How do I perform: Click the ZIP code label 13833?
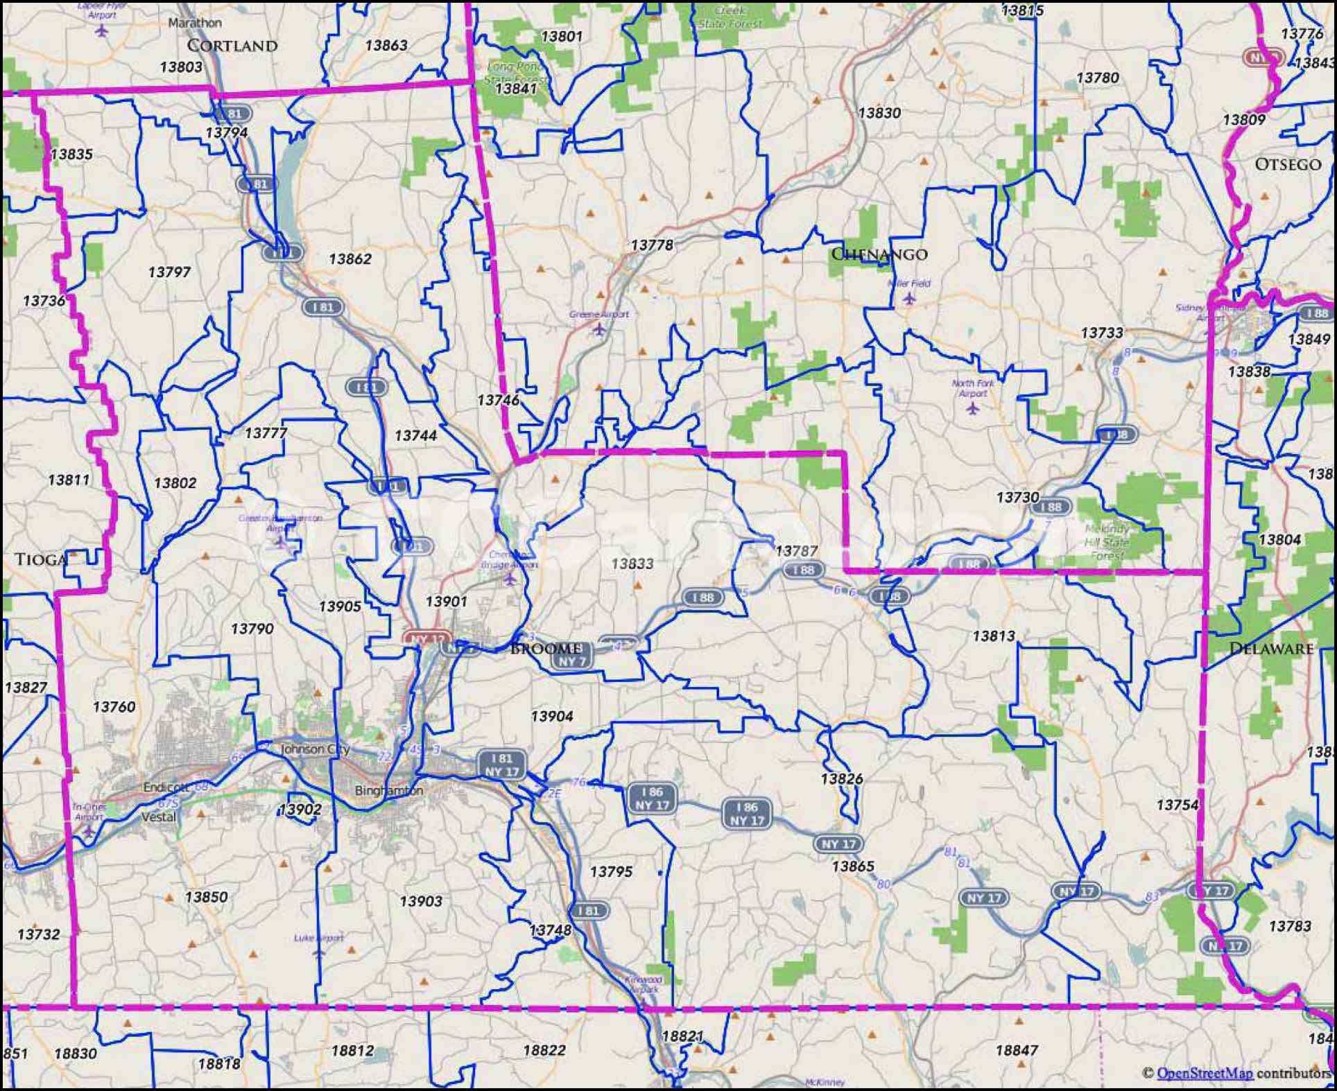[632, 564]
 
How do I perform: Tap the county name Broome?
[546, 649]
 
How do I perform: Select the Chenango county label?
[879, 254]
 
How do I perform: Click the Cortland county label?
[232, 46]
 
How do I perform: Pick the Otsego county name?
[1288, 164]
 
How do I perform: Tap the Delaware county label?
[1271, 649]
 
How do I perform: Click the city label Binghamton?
[388, 790]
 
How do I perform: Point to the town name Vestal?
[159, 817]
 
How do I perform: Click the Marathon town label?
[195, 23]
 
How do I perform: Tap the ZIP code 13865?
[853, 866]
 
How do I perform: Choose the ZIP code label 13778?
[652, 245]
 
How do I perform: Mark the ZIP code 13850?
[206, 896]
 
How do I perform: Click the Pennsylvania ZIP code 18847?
[1017, 1050]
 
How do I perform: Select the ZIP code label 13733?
[1102, 333]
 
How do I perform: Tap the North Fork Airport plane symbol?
[972, 408]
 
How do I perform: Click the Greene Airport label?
[598, 315]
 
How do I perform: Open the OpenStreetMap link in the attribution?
[1205, 1073]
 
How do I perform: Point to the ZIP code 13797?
[169, 272]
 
